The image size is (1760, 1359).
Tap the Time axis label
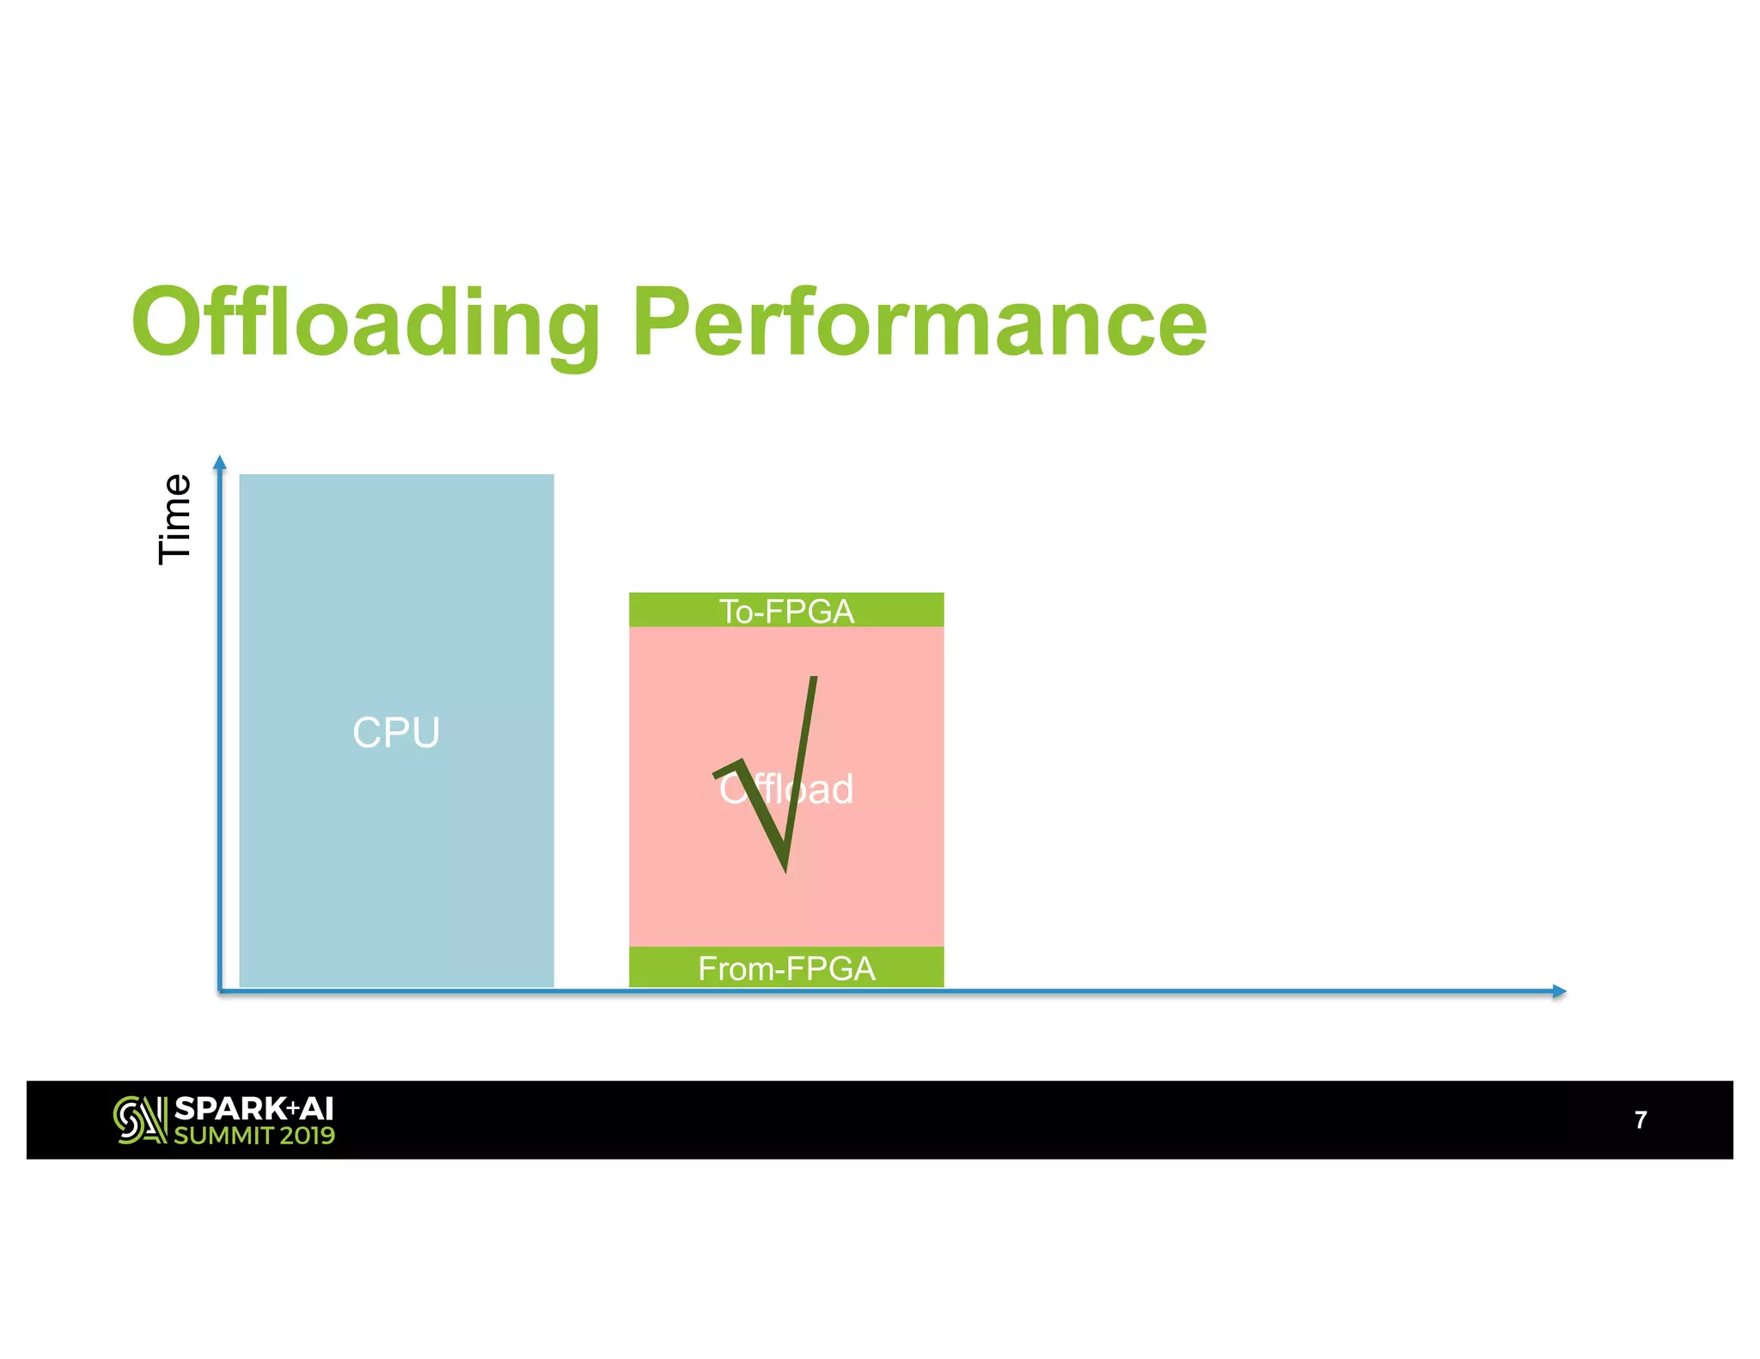pyautogui.click(x=174, y=519)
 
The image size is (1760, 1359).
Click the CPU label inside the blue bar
pyautogui.click(x=396, y=733)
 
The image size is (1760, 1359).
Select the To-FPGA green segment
pyautogui.click(x=786, y=610)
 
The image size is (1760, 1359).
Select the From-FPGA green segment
pyautogui.click(x=786, y=967)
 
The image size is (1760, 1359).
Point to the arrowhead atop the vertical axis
pyautogui.click(x=220, y=462)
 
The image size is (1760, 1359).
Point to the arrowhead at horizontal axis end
pyautogui.click(x=1560, y=991)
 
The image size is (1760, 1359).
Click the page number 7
pyautogui.click(x=1640, y=1119)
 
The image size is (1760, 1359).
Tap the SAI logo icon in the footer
pyautogui.click(x=139, y=1120)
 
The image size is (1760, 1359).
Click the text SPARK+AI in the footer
pyautogui.click(x=254, y=1109)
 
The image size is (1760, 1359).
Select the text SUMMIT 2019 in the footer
pyautogui.click(x=254, y=1136)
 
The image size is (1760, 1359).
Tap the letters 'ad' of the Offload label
pyautogui.click(x=830, y=789)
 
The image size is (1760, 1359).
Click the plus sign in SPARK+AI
pyautogui.click(x=292, y=1109)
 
